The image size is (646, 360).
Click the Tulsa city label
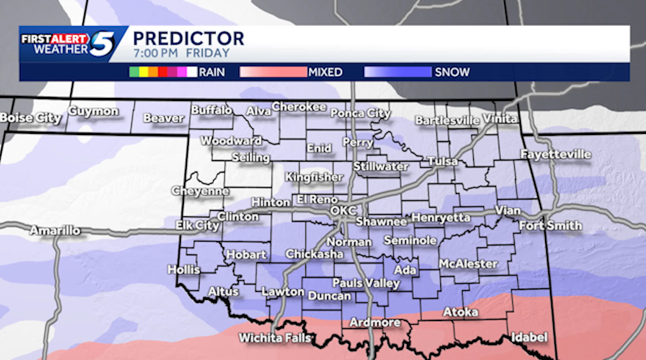442,162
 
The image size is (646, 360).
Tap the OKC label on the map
343,211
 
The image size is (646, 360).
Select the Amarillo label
55,230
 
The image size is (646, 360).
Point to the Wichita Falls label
275,338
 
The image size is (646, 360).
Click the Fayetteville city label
556,154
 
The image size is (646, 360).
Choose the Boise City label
30,118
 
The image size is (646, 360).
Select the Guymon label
94,112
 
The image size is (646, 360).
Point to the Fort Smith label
550,226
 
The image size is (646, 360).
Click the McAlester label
468,264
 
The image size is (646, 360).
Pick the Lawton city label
282,291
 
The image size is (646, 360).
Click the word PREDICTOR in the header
188,38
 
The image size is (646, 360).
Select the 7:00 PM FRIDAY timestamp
181,53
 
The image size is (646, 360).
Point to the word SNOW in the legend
452,72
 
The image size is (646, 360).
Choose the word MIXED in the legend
325,72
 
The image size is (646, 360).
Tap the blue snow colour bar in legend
398,72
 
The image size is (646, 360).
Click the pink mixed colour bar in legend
273,72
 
